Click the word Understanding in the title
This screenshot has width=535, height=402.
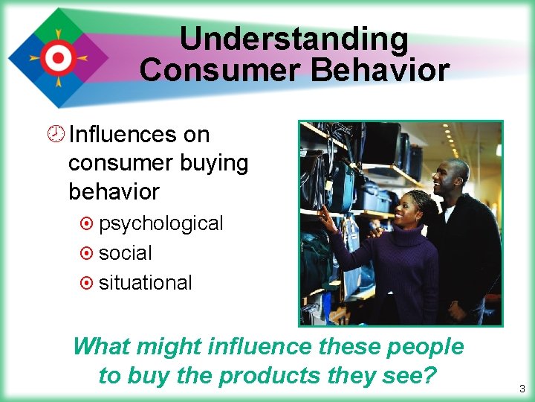[294, 39]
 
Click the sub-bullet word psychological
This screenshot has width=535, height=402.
[160, 223]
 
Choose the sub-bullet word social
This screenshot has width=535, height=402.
[125, 253]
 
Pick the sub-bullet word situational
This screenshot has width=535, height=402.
[145, 283]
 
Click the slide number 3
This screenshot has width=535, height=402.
[522, 389]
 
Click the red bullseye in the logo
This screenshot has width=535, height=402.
[55, 57]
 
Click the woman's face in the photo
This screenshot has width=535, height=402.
[409, 209]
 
